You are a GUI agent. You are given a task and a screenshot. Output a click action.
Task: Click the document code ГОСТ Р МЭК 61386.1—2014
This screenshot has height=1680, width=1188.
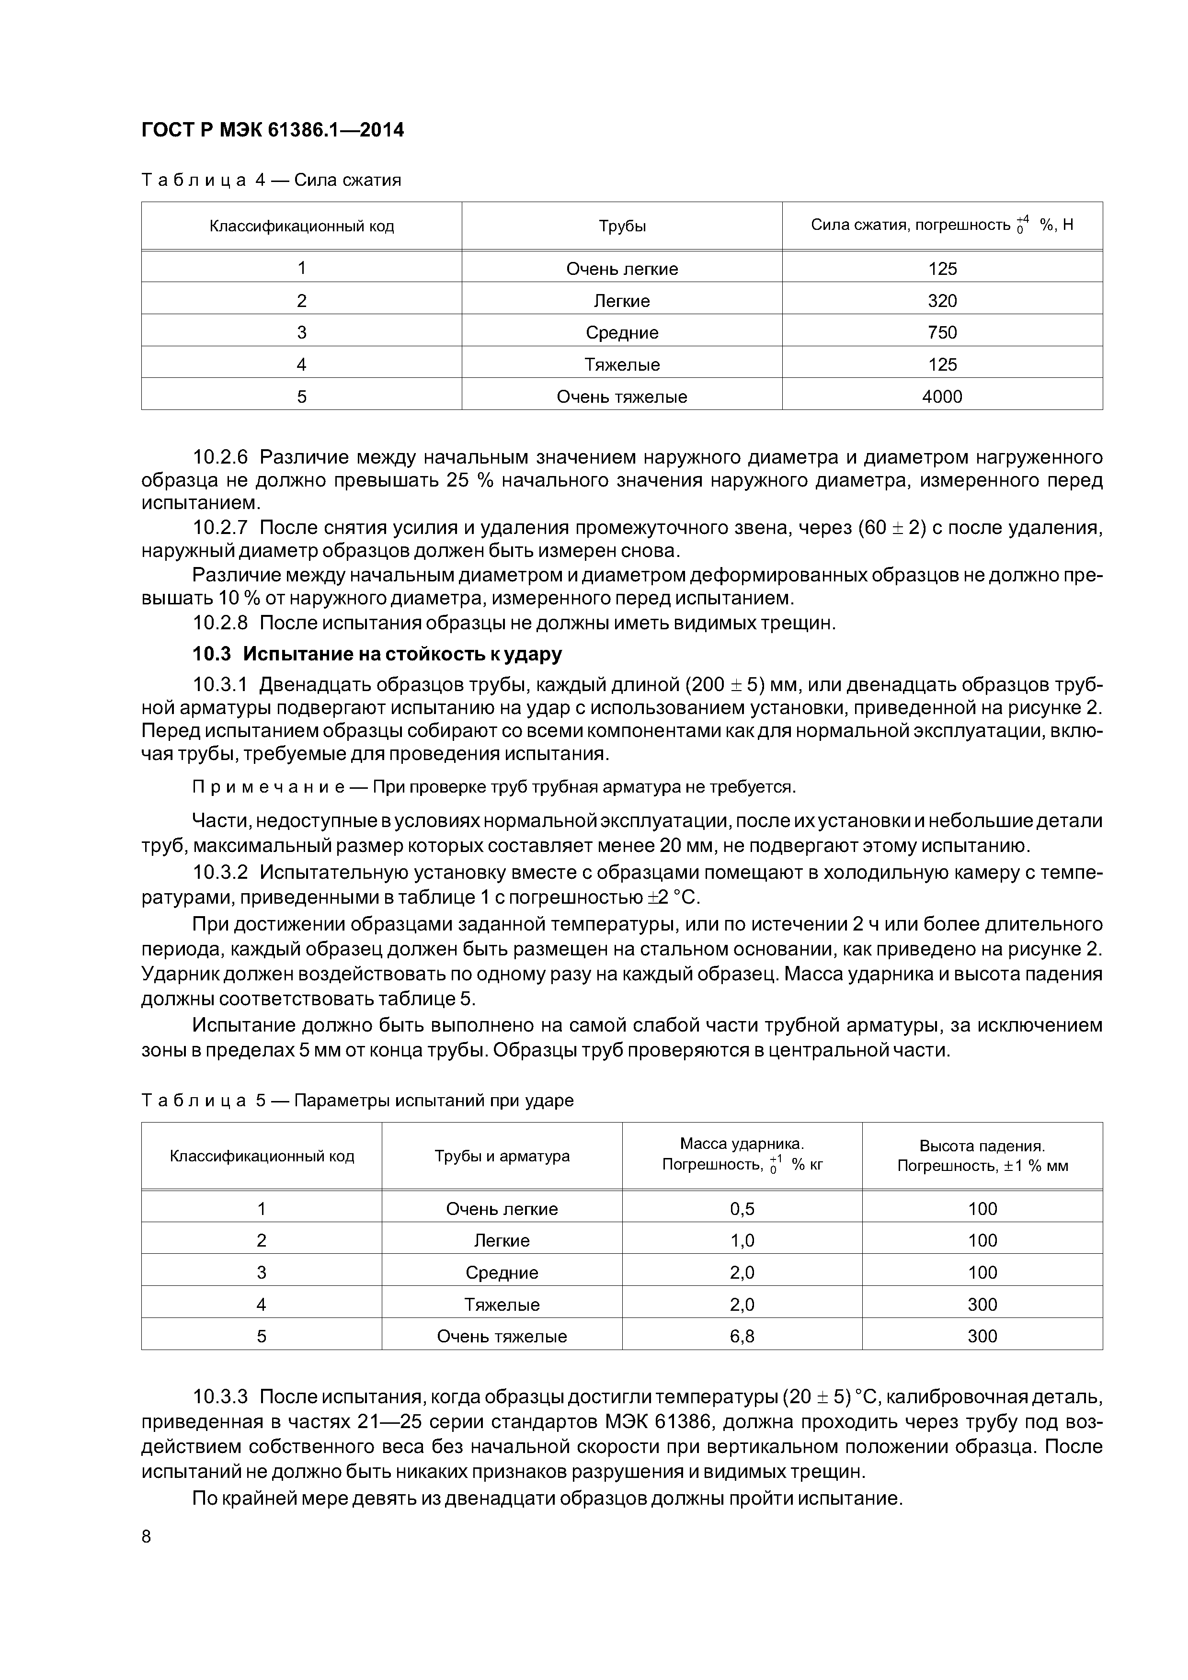[272, 130]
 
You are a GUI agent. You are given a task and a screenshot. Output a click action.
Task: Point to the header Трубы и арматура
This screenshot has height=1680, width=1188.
[502, 1156]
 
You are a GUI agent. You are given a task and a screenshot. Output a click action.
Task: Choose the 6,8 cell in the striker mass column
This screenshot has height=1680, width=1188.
[742, 1336]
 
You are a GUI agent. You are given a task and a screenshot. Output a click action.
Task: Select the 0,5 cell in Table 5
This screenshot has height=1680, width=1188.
[742, 1209]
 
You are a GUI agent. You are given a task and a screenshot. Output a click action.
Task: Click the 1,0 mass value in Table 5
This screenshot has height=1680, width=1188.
[742, 1240]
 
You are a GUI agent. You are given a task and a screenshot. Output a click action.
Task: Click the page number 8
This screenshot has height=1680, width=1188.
[147, 1537]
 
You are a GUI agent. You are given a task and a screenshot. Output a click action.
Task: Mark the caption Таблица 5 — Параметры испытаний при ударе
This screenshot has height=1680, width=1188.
[357, 1101]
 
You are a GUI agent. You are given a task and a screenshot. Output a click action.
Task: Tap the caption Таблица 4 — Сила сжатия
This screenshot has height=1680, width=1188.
[271, 180]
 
